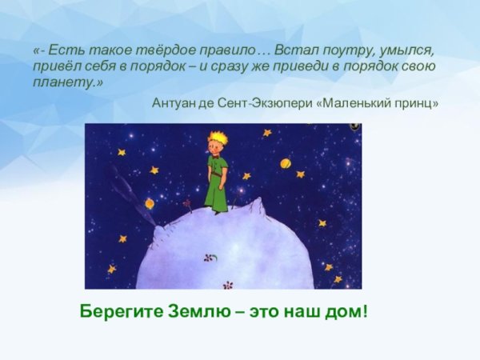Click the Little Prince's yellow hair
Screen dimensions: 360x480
click(217, 139)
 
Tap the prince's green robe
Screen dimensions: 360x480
click(217, 180)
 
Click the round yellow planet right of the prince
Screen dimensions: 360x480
click(285, 163)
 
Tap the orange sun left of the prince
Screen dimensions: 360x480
click(150, 203)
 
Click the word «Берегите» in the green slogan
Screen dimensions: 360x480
click(117, 310)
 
